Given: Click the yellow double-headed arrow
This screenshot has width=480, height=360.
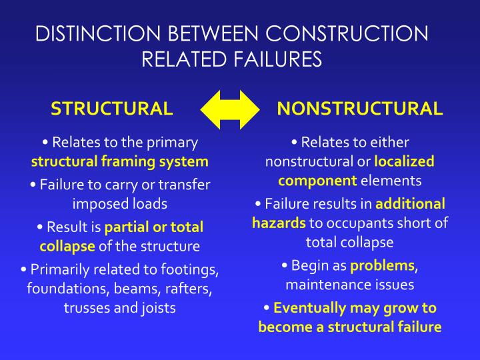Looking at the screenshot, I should [x=230, y=109].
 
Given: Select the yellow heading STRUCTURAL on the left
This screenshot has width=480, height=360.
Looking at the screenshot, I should [x=112, y=109].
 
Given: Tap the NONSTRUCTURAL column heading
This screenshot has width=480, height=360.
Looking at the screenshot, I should [x=359, y=109].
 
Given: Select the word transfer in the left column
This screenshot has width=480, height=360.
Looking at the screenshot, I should [x=186, y=185].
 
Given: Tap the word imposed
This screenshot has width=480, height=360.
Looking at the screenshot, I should [x=99, y=203].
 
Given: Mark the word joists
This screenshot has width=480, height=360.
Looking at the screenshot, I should [x=158, y=308].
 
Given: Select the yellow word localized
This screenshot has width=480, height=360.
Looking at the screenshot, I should [x=404, y=161].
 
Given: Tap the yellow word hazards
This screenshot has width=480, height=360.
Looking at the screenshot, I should [x=279, y=223].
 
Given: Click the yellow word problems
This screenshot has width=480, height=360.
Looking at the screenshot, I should [x=382, y=265].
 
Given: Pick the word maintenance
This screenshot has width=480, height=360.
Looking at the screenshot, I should [x=324, y=285].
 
